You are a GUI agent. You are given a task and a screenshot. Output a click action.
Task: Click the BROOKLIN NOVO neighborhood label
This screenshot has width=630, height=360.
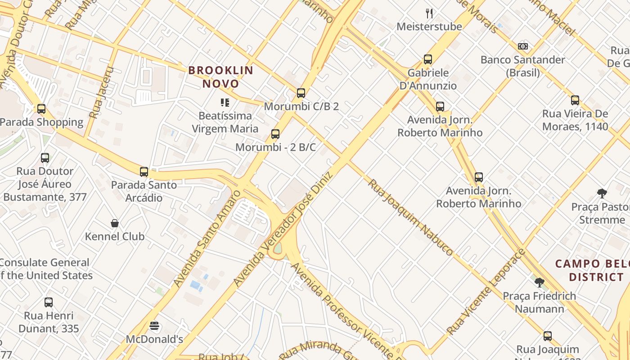pyautogui.click(x=220, y=77)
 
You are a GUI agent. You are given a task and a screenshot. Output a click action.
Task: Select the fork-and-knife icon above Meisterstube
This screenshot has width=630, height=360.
pyautogui.click(x=429, y=13)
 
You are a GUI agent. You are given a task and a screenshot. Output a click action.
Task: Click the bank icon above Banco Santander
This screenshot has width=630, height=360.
pyautogui.click(x=522, y=46)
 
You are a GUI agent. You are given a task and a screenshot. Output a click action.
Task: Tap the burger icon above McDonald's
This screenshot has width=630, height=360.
pyautogui.click(x=154, y=325)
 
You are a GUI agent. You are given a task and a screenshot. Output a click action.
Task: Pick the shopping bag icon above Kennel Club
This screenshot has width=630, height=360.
pyautogui.click(x=115, y=223)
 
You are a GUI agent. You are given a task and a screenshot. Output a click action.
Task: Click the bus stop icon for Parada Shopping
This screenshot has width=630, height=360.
pyautogui.click(x=41, y=109)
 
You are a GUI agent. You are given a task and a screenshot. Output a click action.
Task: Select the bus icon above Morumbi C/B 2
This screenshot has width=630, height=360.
pyautogui.click(x=301, y=94)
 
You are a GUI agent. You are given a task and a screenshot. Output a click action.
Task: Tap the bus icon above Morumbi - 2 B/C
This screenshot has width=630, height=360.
pyautogui.click(x=275, y=134)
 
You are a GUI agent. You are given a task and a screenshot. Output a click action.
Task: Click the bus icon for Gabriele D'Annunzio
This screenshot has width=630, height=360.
pyautogui.click(x=427, y=59)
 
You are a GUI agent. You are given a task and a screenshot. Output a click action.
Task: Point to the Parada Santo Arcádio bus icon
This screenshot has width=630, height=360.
pyautogui.click(x=144, y=171)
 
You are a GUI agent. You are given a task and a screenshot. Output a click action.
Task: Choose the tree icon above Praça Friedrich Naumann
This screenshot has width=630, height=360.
pyautogui.click(x=539, y=283)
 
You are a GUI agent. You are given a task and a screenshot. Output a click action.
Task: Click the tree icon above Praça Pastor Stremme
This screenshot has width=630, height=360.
pyautogui.click(x=602, y=193)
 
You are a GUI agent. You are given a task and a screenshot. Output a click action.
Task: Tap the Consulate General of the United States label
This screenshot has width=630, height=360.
pyautogui.click(x=45, y=269)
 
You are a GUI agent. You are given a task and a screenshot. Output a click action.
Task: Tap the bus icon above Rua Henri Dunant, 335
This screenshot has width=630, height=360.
pyautogui.click(x=49, y=302)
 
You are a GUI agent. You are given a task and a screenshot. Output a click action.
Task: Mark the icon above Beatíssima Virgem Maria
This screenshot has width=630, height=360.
pyautogui.click(x=225, y=103)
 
